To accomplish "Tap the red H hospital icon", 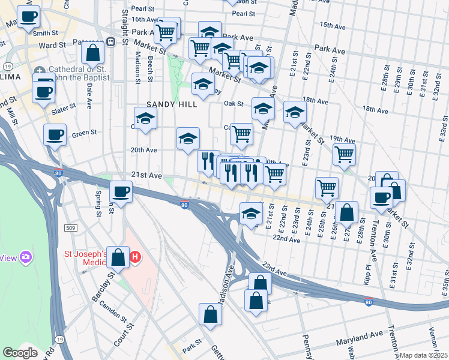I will click(x=136, y=257).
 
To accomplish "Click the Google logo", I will click(x=20, y=353).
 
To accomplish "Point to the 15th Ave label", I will click(x=333, y=26).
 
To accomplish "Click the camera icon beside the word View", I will click(x=26, y=257).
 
